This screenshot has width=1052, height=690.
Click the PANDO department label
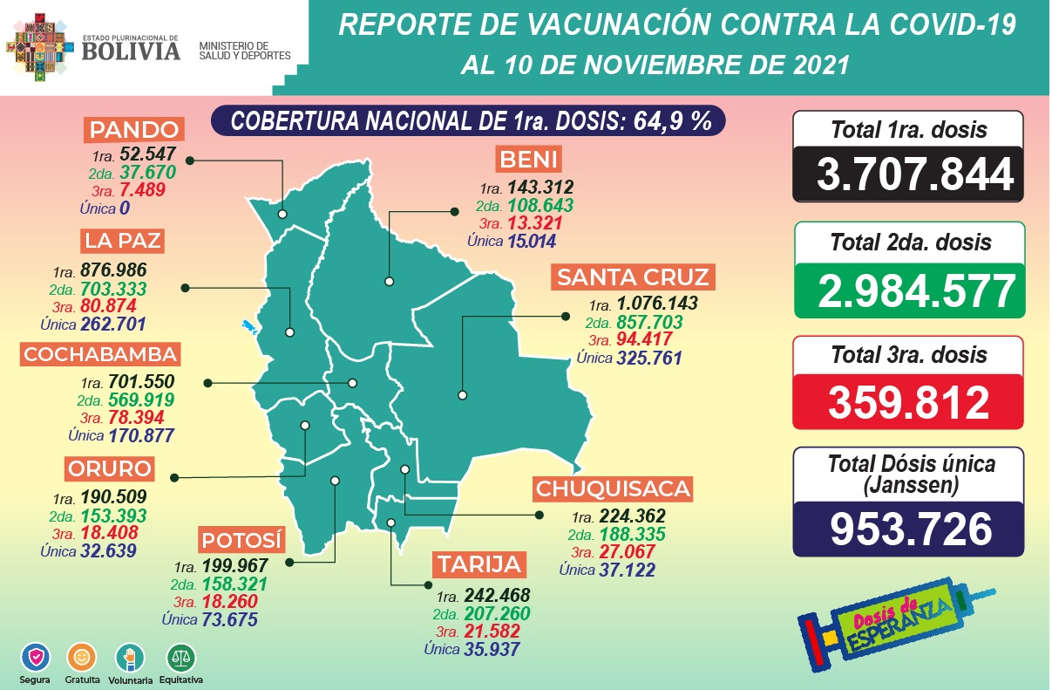(x=135, y=131)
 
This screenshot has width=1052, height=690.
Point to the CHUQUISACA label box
(x=614, y=488)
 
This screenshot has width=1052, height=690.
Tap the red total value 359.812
(x=908, y=402)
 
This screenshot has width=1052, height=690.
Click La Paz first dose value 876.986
(x=113, y=270)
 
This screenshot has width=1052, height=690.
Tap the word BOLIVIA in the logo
(x=131, y=51)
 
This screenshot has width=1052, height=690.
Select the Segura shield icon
(x=36, y=657)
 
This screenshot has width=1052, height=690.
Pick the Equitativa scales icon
(x=182, y=656)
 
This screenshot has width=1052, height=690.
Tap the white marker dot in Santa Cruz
(x=462, y=395)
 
